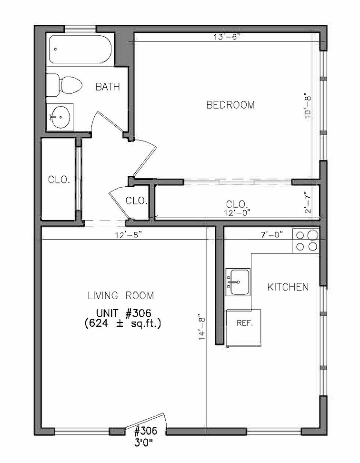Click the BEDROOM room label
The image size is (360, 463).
pos(230,105)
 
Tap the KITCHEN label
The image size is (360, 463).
pos(288,287)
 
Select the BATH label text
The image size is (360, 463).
pos(108,87)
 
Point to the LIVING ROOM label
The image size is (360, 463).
pos(121,296)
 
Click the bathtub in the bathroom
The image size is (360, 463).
pos(80,50)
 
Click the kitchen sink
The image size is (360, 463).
pos(238,282)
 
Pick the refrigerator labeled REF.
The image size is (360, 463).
pos(244,328)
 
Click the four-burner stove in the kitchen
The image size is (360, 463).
pos(306,241)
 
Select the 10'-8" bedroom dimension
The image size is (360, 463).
pos(308,108)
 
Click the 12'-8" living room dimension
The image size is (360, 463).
pos(129,235)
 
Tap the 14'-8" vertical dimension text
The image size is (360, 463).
pos(202,327)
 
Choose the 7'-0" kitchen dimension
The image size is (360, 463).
pos(272,235)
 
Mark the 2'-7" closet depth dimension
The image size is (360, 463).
pos(308,202)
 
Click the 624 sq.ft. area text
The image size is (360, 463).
pos(122,323)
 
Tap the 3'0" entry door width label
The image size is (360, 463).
pos(145,443)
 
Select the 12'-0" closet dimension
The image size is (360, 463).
pos(237,211)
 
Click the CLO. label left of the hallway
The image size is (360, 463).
pos(59,180)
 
